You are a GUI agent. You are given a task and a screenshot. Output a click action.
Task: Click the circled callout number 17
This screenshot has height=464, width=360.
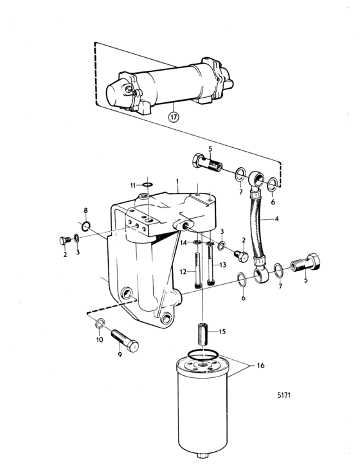(x=174, y=117)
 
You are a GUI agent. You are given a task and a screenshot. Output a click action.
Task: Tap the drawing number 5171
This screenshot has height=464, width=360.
(x=284, y=395)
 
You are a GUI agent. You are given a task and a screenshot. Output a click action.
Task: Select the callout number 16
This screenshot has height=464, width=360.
(x=260, y=366)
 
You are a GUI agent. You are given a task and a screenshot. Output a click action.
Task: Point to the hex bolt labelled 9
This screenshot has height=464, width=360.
(x=125, y=341)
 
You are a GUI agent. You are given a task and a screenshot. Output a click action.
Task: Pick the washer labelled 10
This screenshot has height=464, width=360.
(x=100, y=323)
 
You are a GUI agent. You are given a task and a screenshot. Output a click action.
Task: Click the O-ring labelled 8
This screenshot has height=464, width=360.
(x=86, y=226)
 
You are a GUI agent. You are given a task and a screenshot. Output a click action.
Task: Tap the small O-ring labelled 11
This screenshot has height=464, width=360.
(x=147, y=185)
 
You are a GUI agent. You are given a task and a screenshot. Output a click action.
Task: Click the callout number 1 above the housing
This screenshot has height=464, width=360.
(x=177, y=181)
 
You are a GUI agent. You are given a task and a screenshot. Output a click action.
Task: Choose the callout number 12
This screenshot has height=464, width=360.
(x=183, y=271)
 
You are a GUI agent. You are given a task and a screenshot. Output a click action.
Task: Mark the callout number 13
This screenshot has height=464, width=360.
(x=222, y=265)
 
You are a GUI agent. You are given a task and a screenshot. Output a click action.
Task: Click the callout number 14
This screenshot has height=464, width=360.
(x=184, y=243)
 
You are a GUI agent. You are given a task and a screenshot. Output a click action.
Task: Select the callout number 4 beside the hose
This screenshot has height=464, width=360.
(x=276, y=219)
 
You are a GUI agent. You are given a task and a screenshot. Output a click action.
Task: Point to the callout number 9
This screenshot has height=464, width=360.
(x=120, y=354)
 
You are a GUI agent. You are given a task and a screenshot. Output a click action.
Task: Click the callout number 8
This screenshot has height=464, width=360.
(x=85, y=210)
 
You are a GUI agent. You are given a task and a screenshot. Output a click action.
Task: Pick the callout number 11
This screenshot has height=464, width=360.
(x=133, y=186)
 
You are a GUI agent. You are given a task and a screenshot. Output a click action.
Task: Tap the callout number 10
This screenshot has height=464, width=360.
(x=100, y=339)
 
